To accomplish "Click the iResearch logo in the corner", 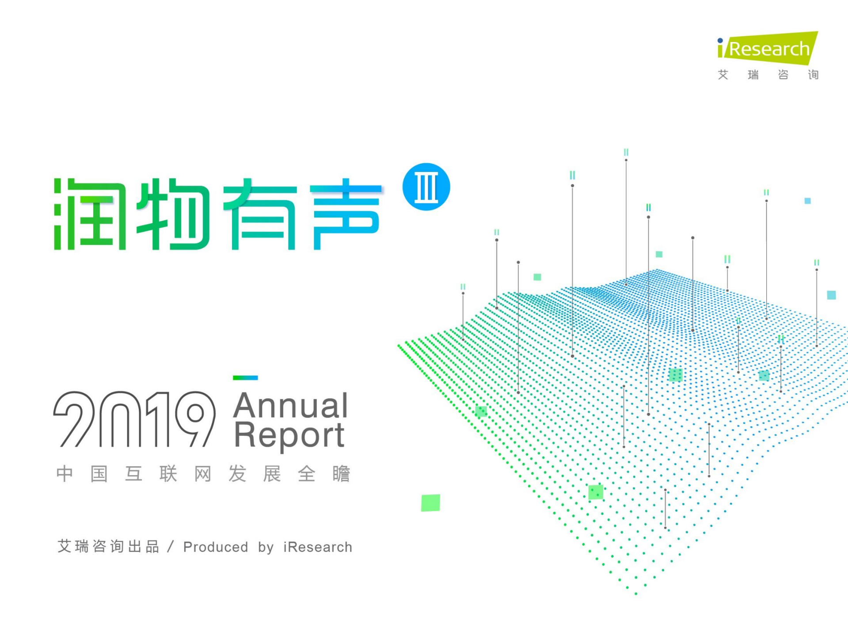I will pos(768,49).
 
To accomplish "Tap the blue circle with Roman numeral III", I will pos(426,187).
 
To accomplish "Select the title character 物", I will pos(173,214).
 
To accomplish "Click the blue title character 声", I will pos(346,214).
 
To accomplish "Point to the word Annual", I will pos(290,405).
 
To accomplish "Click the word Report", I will pos(289,435).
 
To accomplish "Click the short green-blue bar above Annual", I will pos(245,377).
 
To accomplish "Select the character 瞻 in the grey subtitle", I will pos(341,474).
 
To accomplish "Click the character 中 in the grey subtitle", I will pos(65,474).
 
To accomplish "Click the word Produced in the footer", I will pos(216,547).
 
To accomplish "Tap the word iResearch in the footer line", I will pos(318,547).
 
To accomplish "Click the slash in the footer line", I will pos(171,547).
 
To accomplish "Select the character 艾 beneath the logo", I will pos(723,75).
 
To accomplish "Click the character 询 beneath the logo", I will pos(813,75).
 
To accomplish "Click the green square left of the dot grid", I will pos(430,503).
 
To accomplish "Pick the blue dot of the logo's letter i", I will pos(720,41).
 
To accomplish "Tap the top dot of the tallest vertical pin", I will pos(626,160).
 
